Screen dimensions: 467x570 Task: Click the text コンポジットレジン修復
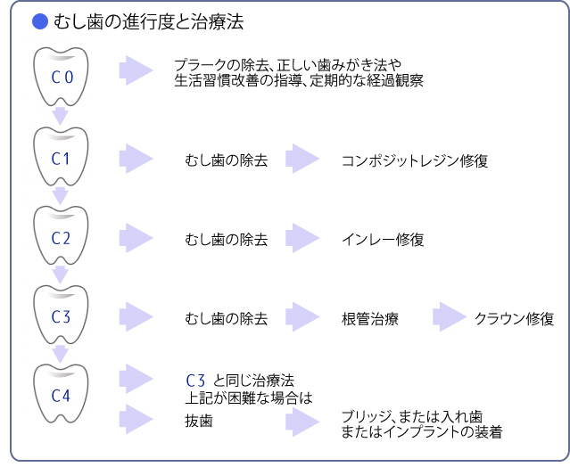[x=415, y=161]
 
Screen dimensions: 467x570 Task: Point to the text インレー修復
[x=383, y=240]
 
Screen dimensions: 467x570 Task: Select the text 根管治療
[x=370, y=318]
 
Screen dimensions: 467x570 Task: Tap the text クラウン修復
[x=515, y=318]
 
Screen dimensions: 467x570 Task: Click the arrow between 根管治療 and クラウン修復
[x=450, y=317]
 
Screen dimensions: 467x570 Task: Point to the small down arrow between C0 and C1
[x=61, y=115]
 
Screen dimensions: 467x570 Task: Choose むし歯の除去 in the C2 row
[x=226, y=240]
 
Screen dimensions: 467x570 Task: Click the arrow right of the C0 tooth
[x=136, y=70]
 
